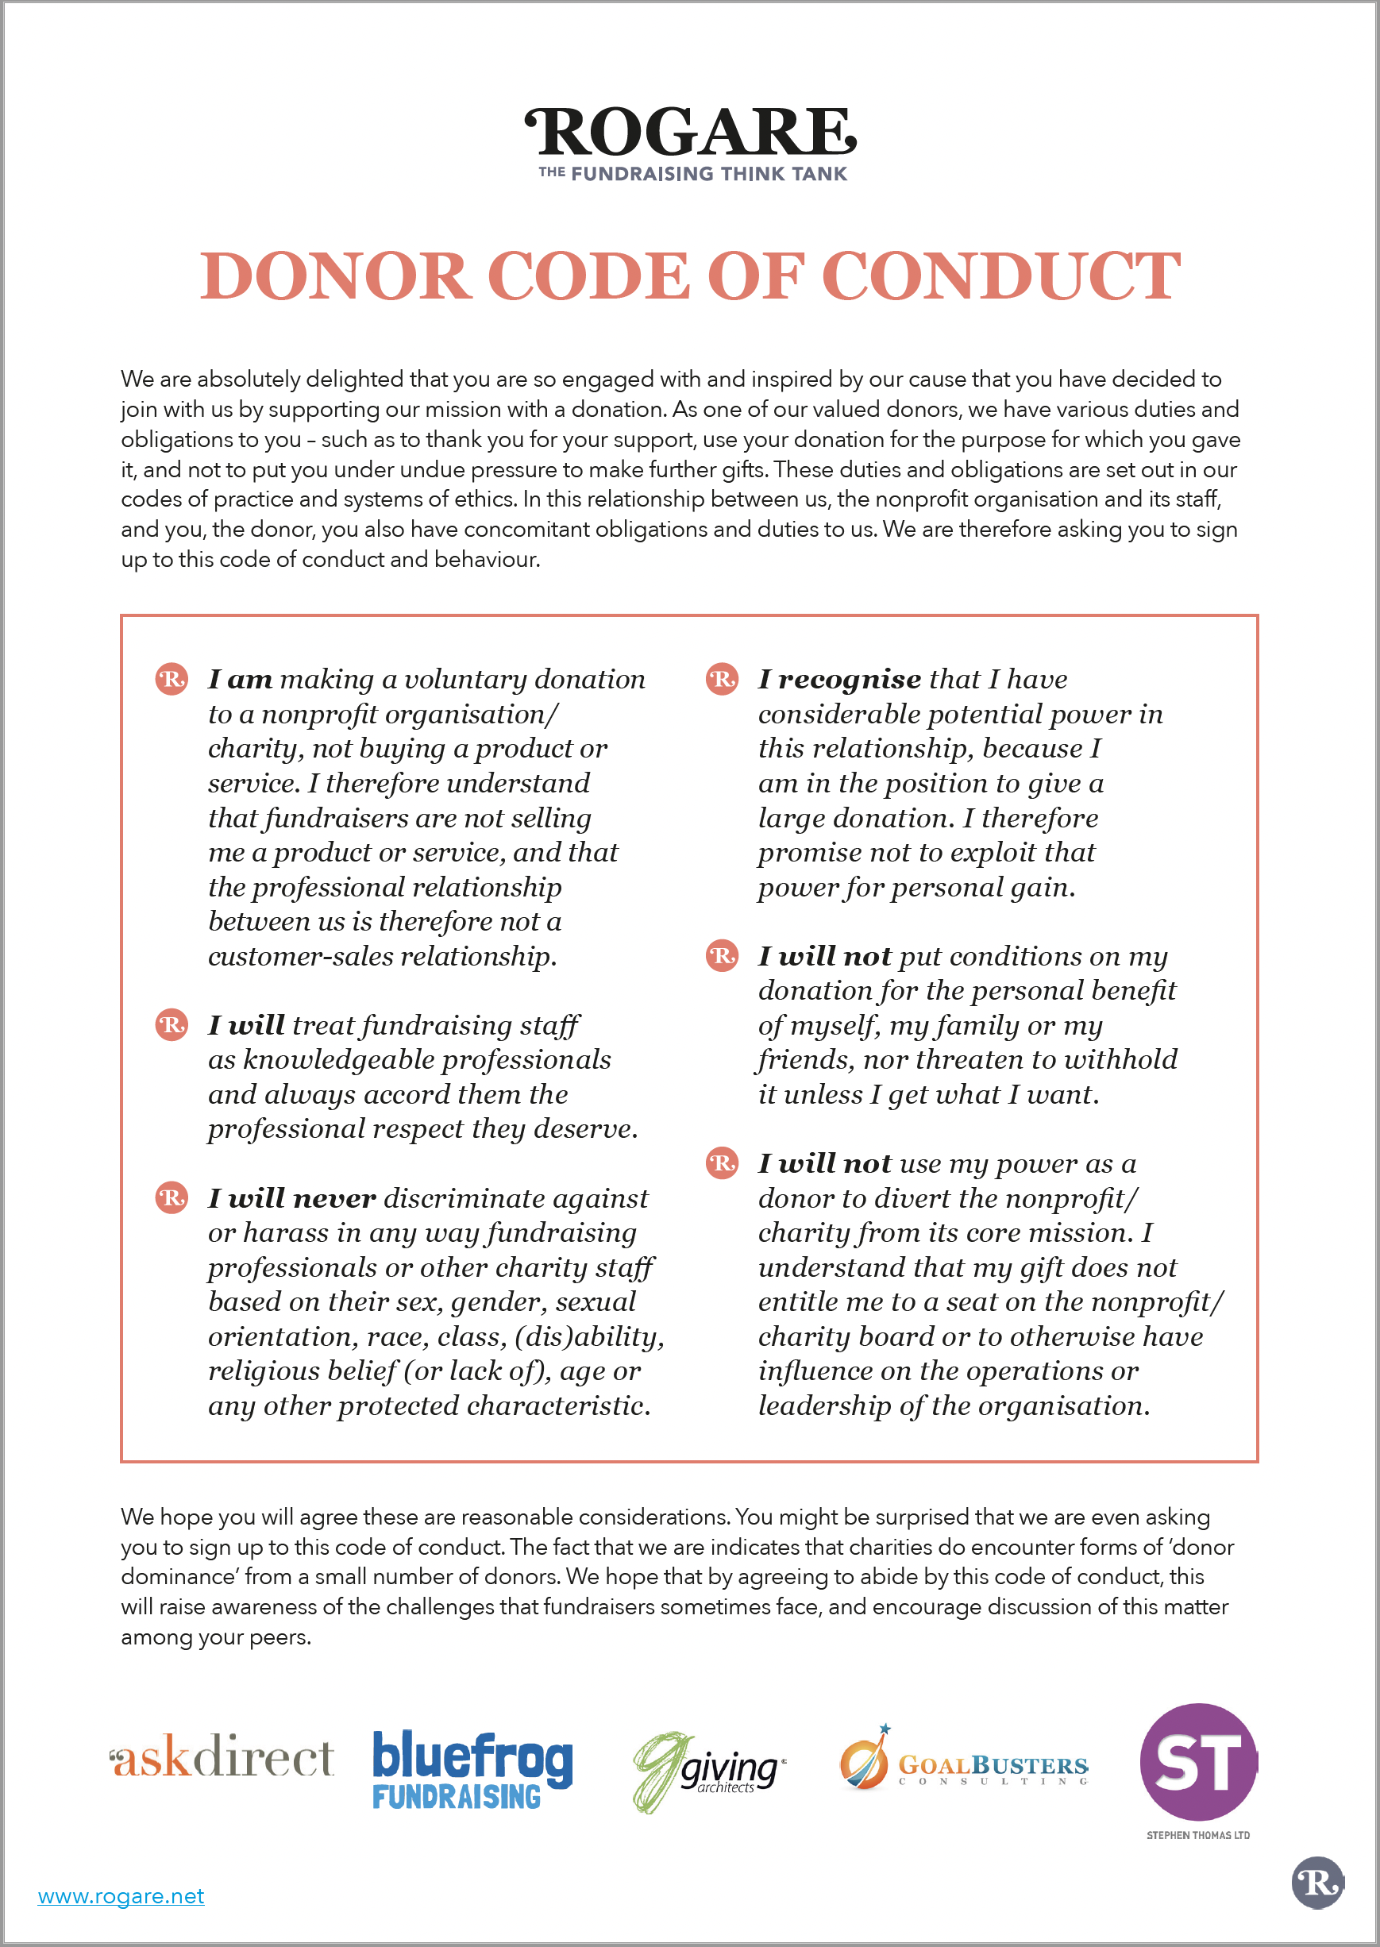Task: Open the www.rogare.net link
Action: pos(121,1896)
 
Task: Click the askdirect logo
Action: pos(222,1756)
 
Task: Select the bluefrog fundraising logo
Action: pos(472,1769)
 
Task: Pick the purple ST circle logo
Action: pos(1198,1762)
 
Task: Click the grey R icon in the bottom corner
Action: pos(1317,1883)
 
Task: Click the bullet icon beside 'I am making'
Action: pos(172,679)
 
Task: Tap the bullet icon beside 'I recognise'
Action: pos(723,679)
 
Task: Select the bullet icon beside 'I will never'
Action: pos(172,1198)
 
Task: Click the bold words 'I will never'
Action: pos(291,1198)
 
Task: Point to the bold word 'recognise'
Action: pos(849,679)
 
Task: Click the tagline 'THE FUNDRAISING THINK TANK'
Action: pos(692,173)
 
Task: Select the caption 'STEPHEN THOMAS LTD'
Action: pos(1197,1836)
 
